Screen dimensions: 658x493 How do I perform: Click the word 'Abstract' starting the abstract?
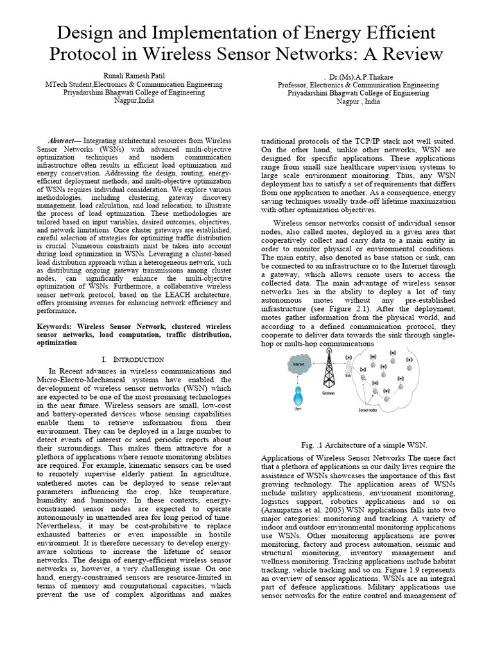(x=63, y=141)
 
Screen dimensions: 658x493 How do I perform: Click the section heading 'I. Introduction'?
(x=133, y=359)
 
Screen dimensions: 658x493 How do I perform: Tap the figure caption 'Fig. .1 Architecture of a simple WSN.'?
(x=363, y=445)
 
